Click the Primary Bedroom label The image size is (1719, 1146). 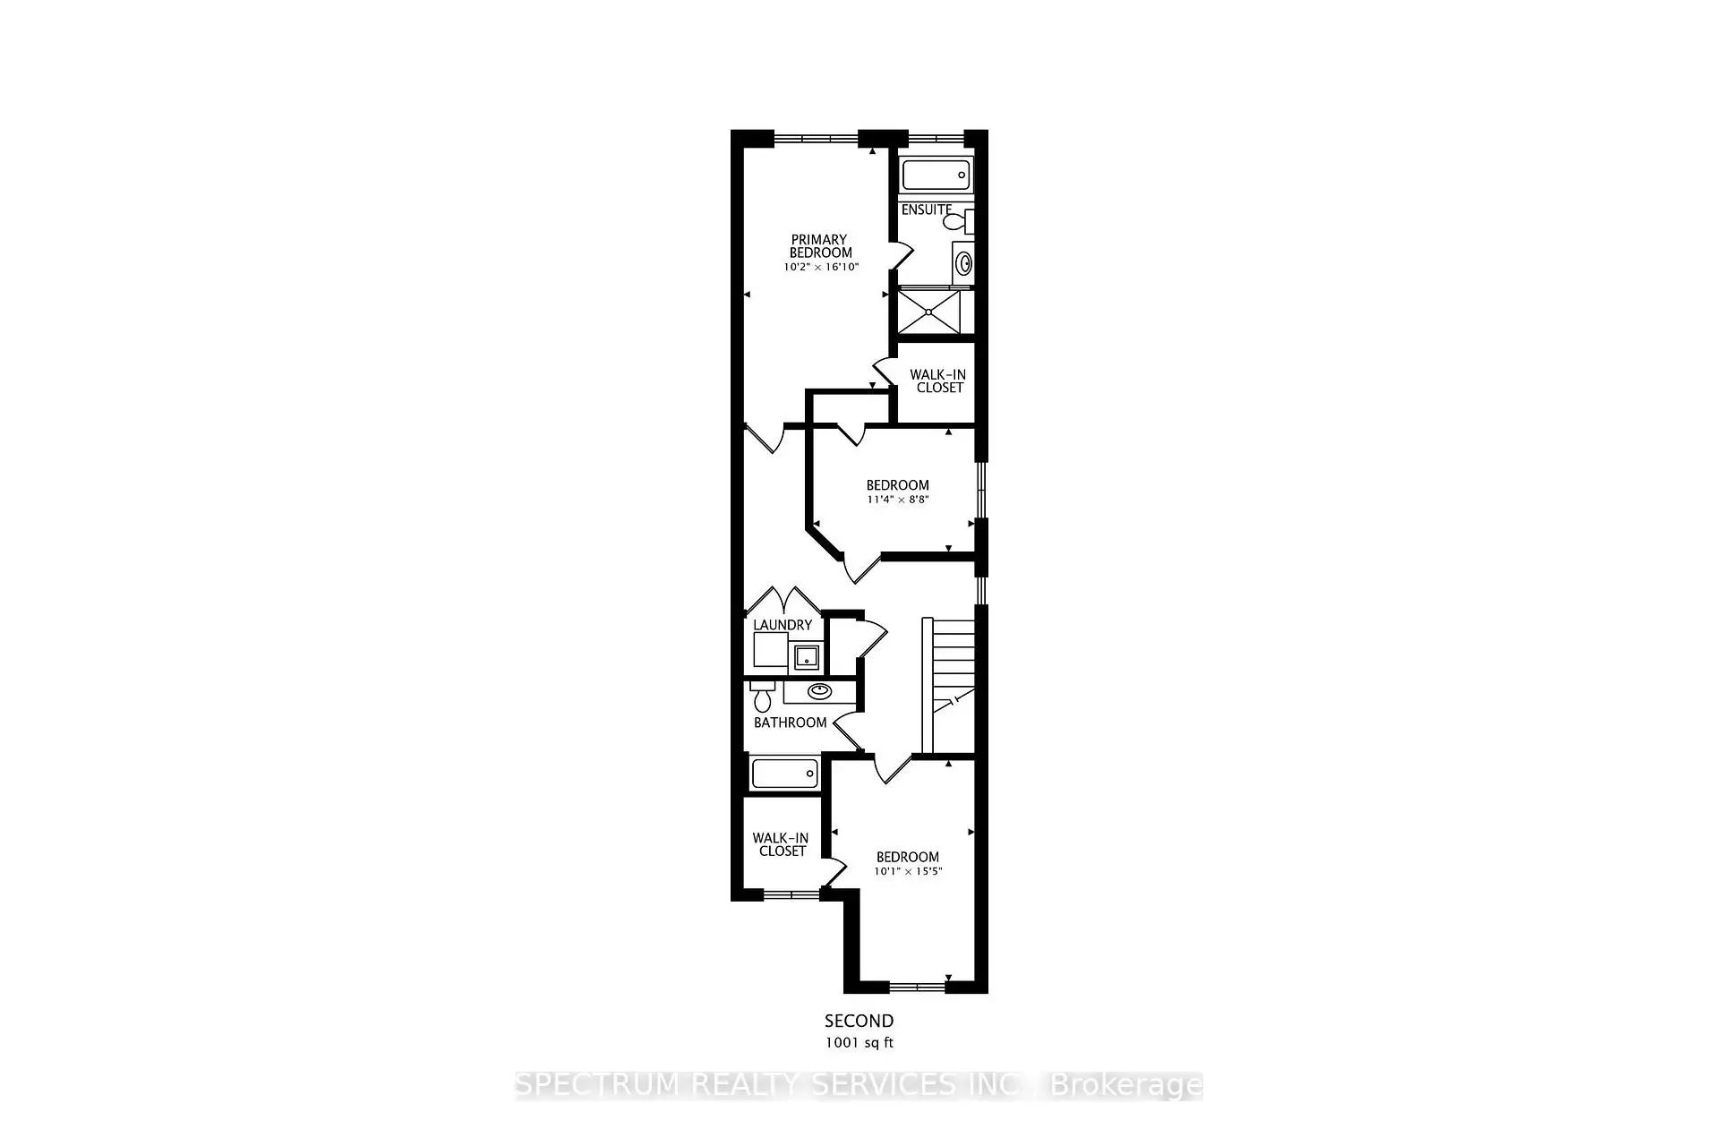coord(819,246)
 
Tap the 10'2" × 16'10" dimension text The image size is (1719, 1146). coord(821,267)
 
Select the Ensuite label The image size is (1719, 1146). coord(926,210)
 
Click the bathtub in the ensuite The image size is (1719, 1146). coord(936,175)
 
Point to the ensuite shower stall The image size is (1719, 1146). coord(928,312)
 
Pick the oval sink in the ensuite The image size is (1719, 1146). coord(964,263)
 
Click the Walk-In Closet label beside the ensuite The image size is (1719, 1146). coord(938,381)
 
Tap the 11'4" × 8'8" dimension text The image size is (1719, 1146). coord(897,500)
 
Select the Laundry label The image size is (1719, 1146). coord(783,625)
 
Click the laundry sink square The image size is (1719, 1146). coord(808,658)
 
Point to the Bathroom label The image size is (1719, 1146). coord(790,723)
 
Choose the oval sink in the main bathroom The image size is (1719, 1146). coord(819,691)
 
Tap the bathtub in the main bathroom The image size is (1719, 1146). coord(784,774)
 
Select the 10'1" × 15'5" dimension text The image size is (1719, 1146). coord(908,871)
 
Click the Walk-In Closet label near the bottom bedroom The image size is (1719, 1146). coord(782,844)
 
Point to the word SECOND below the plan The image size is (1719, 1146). coord(859,1021)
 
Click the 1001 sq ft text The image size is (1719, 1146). coord(859,1043)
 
